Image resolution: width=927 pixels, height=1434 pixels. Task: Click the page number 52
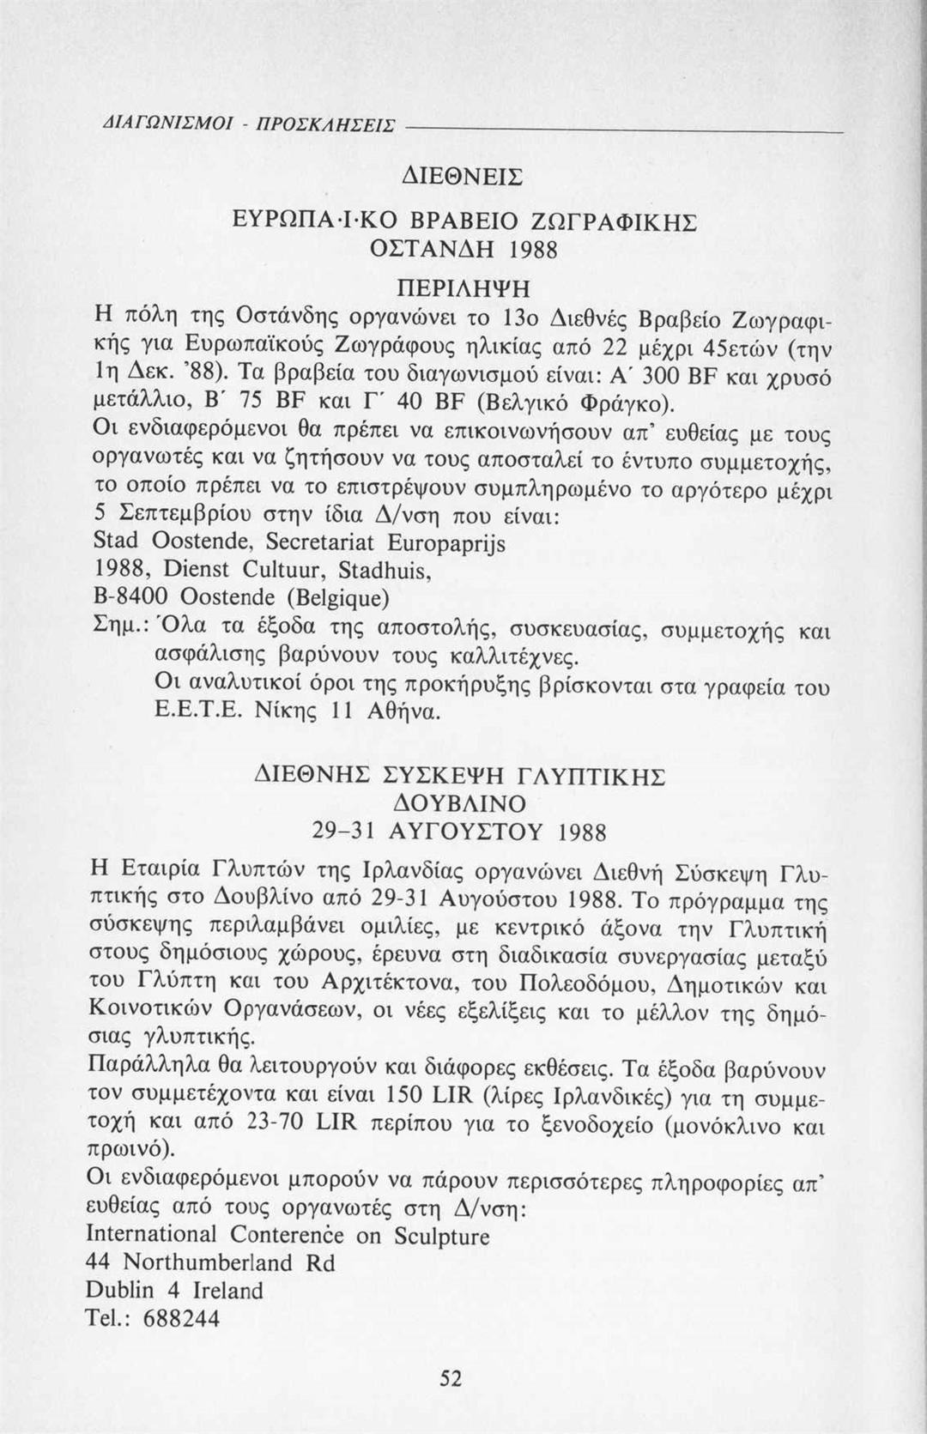(x=451, y=1378)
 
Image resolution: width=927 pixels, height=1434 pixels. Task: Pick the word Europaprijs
(x=446, y=543)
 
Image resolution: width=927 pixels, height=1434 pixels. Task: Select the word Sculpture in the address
(x=442, y=1236)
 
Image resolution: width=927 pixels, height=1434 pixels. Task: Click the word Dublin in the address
(x=119, y=1290)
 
